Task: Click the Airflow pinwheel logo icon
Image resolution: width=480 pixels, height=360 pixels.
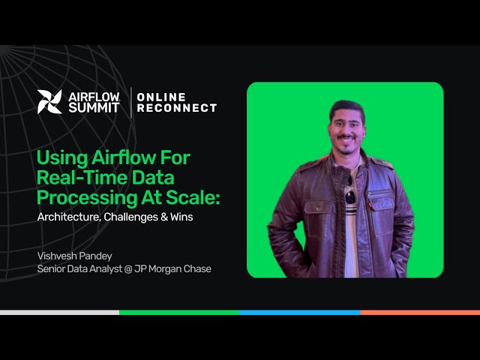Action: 50,101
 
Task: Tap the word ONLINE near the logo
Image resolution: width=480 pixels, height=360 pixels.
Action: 162,97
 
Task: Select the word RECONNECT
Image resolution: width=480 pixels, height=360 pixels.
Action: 177,108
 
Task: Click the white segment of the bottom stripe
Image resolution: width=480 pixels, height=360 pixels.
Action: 60,312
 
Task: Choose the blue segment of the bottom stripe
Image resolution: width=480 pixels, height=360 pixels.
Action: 300,312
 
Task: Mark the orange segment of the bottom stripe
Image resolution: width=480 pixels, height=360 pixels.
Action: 420,312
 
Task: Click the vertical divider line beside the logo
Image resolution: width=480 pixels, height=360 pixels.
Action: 132,102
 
